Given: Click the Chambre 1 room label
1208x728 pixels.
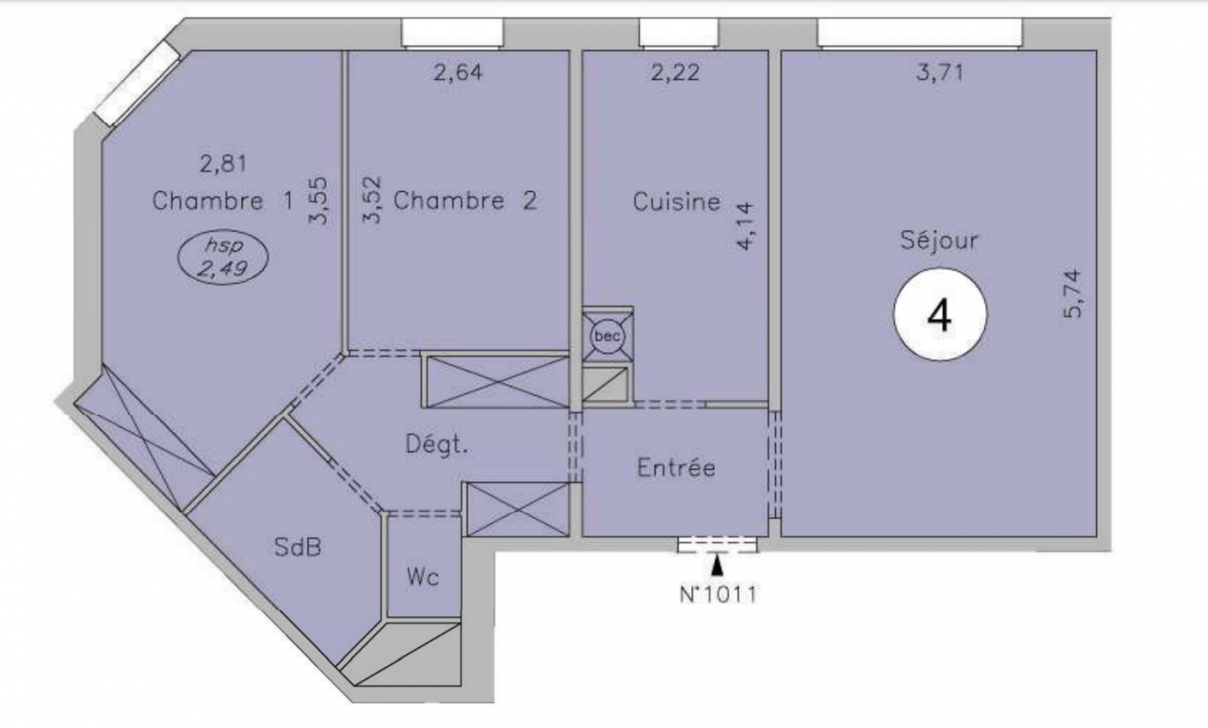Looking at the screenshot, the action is point(223,201).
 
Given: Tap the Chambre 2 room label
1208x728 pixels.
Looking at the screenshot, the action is point(466,201).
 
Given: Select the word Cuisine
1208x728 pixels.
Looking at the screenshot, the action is point(676,202).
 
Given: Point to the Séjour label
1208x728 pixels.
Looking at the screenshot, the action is point(939,240).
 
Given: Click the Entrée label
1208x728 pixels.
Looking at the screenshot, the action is point(676,468).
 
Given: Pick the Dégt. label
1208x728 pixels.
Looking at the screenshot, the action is point(437,445).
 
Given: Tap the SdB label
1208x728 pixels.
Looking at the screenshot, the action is point(297,547).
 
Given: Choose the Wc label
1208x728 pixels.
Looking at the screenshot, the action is point(423,578).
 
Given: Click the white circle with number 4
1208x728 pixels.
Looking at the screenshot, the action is point(940,315).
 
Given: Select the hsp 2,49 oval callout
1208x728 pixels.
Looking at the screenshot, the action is point(223,258).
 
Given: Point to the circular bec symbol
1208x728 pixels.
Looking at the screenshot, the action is point(608,336).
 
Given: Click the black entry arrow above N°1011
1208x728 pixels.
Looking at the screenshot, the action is point(717,566).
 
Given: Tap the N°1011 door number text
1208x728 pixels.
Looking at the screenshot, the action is point(719,595).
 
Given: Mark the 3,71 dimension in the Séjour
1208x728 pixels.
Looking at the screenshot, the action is point(940,72).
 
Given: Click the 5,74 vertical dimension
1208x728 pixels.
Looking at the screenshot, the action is point(1072,294).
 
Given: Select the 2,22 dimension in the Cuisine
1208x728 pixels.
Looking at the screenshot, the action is point(675,72).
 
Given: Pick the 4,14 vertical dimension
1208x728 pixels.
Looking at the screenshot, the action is point(747,226).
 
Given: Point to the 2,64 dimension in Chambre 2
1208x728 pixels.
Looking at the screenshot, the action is point(458,72).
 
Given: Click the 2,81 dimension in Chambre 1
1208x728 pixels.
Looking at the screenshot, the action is point(223,164).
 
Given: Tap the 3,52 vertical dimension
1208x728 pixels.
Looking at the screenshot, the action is point(372,199).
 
